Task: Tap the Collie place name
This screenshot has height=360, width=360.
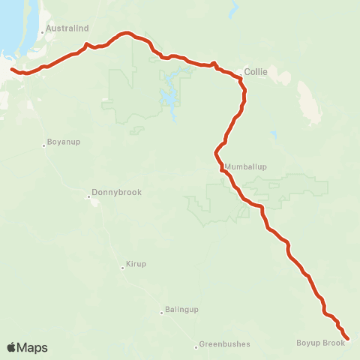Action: [255, 72]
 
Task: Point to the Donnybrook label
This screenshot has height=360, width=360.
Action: [116, 192]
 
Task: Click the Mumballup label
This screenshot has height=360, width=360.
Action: [245, 166]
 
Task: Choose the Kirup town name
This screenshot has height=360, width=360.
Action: [136, 265]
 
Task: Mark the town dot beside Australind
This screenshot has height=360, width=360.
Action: [43, 33]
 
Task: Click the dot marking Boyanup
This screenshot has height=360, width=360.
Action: [44, 145]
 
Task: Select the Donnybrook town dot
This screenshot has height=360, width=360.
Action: [89, 197]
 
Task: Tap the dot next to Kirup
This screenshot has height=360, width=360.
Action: [122, 267]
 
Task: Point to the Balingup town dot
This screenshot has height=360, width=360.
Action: [161, 312]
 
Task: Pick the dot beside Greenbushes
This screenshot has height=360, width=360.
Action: [196, 346]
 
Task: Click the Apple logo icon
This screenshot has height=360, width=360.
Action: [11, 347]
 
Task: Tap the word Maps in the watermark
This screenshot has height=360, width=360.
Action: [33, 348]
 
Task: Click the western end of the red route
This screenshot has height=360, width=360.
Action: [10, 69]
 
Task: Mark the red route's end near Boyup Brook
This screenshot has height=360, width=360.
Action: [347, 338]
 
